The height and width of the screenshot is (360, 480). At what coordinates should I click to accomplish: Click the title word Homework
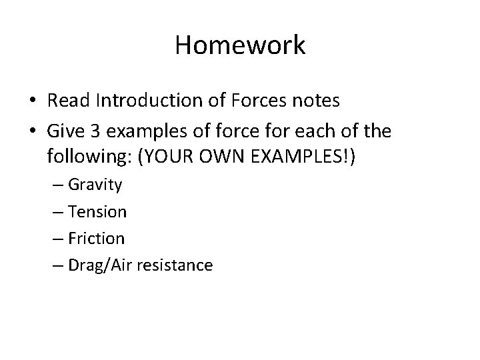pyautogui.click(x=240, y=45)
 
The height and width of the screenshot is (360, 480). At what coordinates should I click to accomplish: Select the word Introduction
pyautogui.click(x=145, y=101)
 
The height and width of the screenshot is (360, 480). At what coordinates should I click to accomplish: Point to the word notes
pyautogui.click(x=318, y=101)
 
